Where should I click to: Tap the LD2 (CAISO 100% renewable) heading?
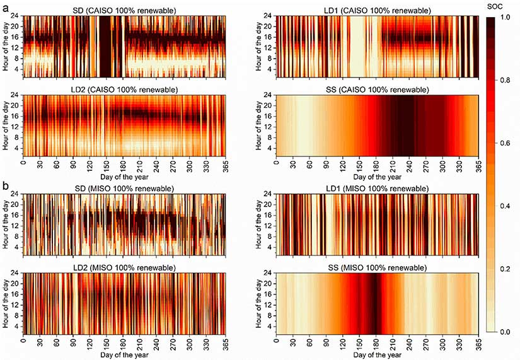click(x=124, y=90)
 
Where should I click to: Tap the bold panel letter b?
click(x=5, y=187)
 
